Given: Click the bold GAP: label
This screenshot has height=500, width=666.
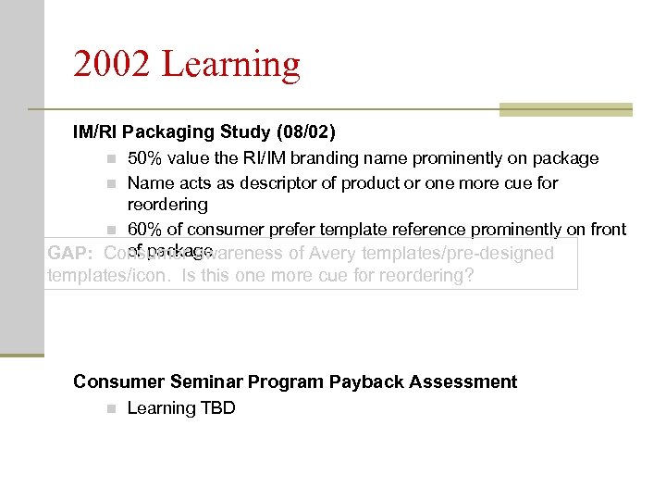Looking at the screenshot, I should [x=70, y=254].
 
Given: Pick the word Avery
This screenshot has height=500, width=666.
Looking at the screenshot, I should [x=333, y=254].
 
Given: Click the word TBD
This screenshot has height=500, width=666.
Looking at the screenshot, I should [x=218, y=408].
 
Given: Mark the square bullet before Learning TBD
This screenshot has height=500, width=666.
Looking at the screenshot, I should [x=110, y=409].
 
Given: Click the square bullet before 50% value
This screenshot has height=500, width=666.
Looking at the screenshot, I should [x=110, y=159].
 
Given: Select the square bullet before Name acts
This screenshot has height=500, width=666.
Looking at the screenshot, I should [x=110, y=183].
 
